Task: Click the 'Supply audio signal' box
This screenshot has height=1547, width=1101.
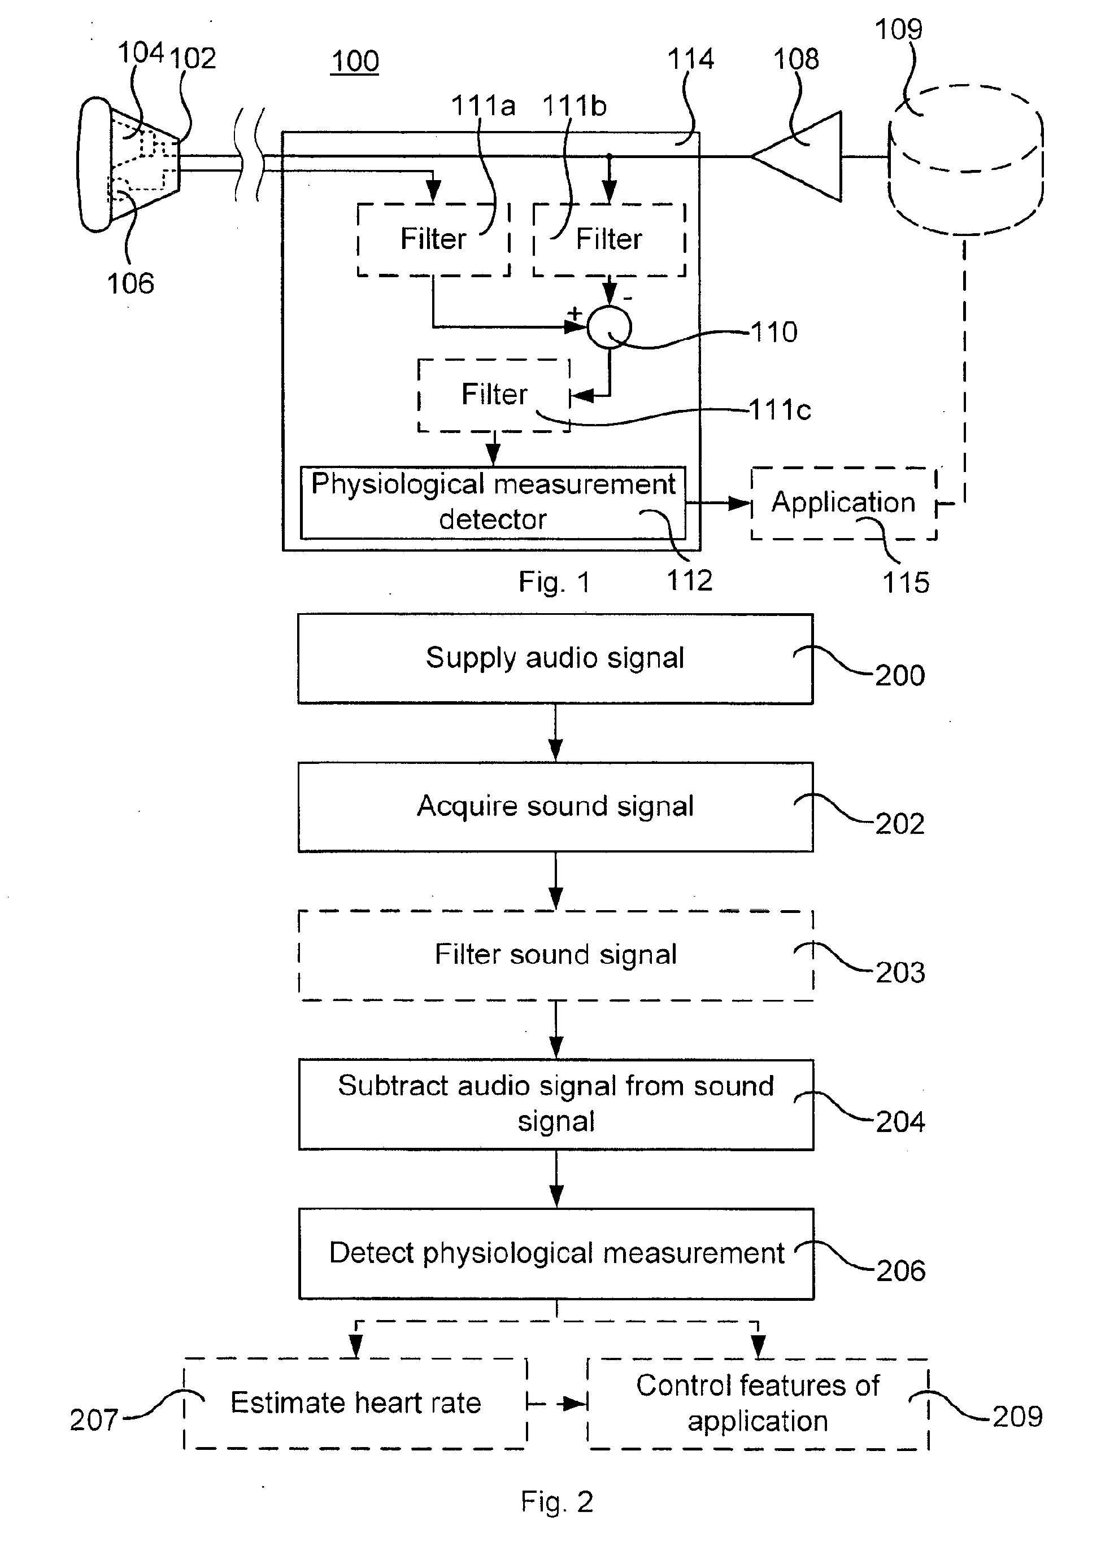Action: coord(555,659)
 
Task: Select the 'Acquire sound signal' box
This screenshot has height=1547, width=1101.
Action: coord(555,807)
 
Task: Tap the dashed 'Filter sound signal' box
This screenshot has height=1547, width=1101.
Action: coord(556,955)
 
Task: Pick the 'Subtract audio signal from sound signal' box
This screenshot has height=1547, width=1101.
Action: coord(556,1104)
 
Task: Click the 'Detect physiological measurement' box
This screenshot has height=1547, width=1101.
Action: coord(556,1253)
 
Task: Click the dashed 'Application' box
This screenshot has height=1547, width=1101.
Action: coord(844,504)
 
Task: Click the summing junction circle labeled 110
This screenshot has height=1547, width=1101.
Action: coord(609,327)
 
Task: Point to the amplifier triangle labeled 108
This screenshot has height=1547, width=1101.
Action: coord(796,156)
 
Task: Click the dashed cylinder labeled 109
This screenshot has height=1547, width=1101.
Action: coord(965,160)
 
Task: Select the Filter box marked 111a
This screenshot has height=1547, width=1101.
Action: coord(433,240)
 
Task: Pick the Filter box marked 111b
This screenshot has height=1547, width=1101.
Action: coord(610,240)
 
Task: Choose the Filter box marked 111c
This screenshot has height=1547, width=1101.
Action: coord(494,395)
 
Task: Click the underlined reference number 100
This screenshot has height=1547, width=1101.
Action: coord(355,62)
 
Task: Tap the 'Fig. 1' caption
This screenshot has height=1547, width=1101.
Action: coord(554,582)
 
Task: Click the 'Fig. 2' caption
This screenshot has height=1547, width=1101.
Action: coord(556,1502)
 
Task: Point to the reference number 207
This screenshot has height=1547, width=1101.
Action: coord(94,1421)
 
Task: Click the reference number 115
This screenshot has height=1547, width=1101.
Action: coord(906,583)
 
